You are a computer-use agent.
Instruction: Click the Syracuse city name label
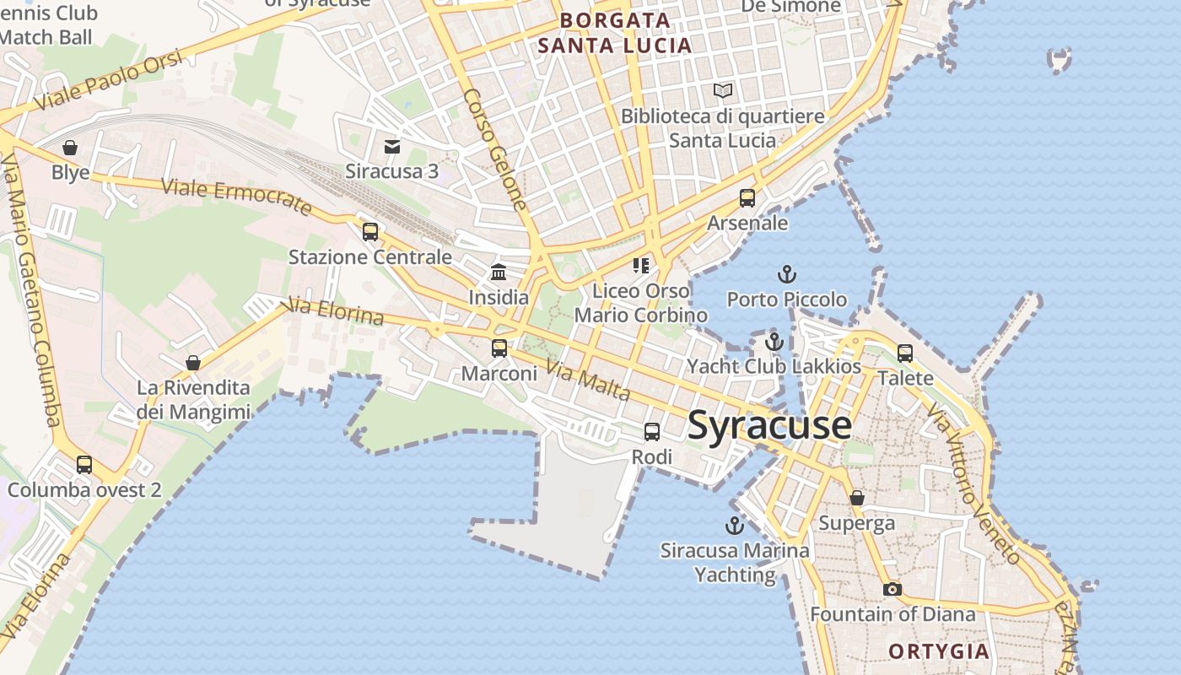[x=769, y=424]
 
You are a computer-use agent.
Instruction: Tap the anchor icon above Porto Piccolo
[x=786, y=274]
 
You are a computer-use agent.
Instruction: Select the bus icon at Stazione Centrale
[x=370, y=232]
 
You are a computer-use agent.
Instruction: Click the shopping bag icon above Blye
[x=70, y=148]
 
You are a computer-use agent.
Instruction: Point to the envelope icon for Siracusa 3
[x=392, y=147]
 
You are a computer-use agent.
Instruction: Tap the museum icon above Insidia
[x=499, y=273]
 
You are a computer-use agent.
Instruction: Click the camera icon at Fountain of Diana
[x=892, y=589]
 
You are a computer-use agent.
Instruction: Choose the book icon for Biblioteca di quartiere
[x=723, y=90]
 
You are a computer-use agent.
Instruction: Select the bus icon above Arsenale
[x=747, y=198]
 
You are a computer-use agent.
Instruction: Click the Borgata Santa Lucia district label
[x=615, y=33]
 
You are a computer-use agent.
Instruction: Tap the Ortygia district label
[x=939, y=651]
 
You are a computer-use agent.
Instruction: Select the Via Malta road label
[x=588, y=381]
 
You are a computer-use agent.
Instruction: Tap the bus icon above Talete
[x=905, y=354]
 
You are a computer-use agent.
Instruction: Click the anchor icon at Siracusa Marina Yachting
[x=735, y=526]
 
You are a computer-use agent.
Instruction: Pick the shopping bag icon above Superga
[x=857, y=498]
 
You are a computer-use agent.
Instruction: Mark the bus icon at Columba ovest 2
[x=84, y=464]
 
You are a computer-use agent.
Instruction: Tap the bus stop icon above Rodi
[x=652, y=432]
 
